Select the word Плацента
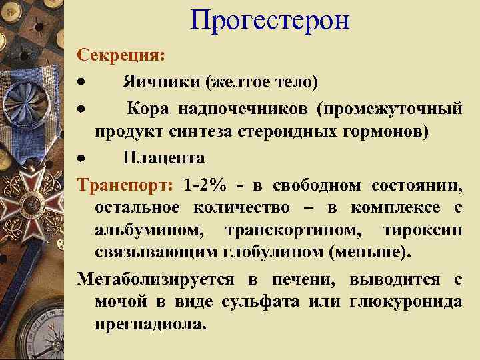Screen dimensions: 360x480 tap(163, 158)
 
